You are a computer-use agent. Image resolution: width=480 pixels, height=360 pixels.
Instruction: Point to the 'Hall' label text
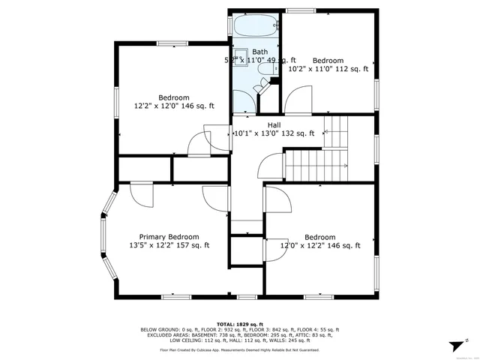click(274, 124)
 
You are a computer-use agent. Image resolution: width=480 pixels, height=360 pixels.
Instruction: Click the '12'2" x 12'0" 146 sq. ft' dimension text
click(174, 106)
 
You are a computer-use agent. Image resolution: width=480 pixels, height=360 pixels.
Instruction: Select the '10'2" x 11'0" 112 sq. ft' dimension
click(328, 69)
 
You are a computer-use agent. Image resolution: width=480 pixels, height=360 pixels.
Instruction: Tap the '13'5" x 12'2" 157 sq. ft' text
click(169, 245)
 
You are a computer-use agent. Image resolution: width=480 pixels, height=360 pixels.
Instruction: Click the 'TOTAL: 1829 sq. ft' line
click(240, 322)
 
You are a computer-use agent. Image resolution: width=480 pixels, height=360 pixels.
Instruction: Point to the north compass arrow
click(455, 345)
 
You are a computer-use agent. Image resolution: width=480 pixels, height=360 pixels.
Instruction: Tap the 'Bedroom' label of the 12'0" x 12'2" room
click(319, 236)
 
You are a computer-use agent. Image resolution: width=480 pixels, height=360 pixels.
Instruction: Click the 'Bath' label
click(259, 51)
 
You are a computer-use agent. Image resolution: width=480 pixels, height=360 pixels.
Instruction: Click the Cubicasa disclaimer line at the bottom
click(240, 349)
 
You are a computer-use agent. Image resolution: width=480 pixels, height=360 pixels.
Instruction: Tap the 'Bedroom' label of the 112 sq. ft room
click(328, 60)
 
